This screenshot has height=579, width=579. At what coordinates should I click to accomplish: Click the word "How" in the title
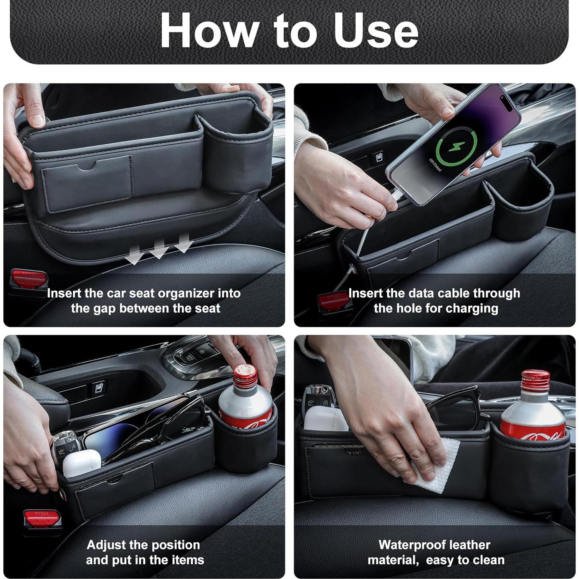209,31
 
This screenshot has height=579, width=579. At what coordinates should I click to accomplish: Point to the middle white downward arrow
159,249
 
